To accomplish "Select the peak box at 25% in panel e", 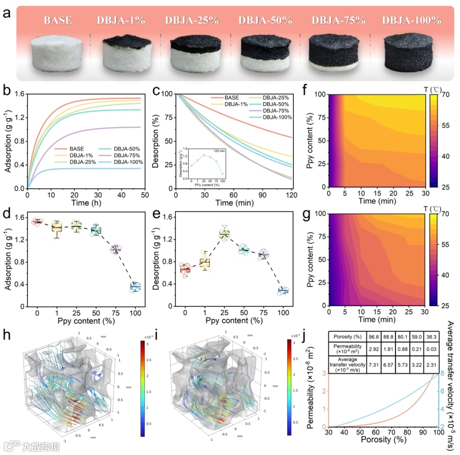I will (x=224, y=233).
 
